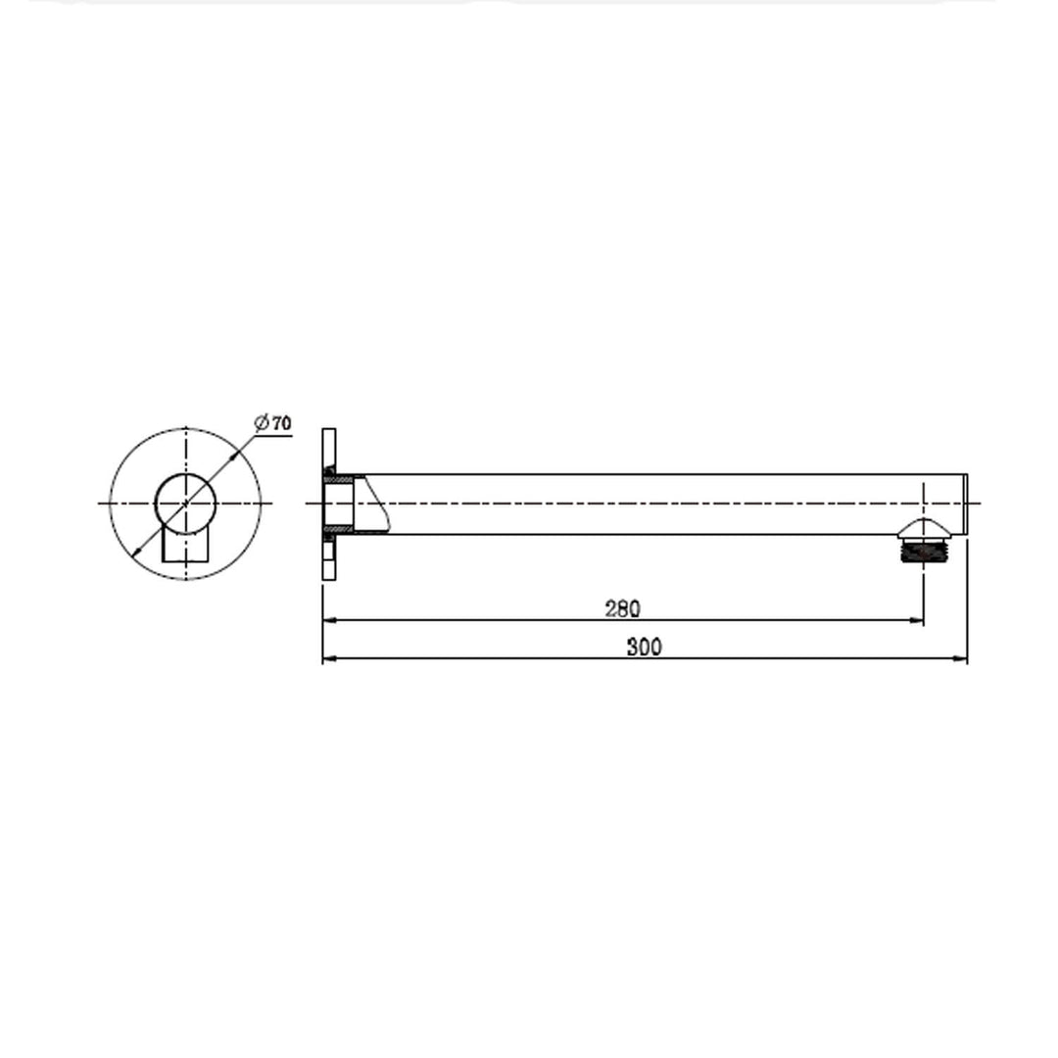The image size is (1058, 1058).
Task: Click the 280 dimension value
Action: tap(622, 608)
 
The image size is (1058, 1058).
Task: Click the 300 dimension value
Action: tap(645, 648)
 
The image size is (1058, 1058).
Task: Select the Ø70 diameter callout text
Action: tap(272, 423)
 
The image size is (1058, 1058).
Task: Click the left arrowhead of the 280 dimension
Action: tap(330, 620)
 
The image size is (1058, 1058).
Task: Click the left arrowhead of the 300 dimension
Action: tap(330, 658)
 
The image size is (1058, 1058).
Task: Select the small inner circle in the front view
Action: tap(185, 504)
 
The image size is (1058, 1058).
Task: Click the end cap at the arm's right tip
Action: tap(965, 504)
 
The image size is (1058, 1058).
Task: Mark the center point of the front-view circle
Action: tap(185, 504)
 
